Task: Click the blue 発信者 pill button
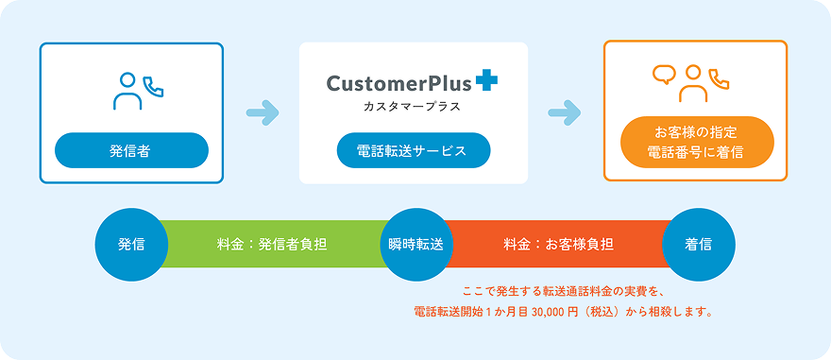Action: tap(131, 150)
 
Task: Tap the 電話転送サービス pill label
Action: tap(414, 150)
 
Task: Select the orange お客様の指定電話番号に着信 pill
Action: tap(698, 142)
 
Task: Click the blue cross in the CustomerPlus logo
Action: tap(486, 82)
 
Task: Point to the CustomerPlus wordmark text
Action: tap(399, 83)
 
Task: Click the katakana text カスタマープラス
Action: tap(412, 107)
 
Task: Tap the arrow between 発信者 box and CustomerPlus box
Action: tap(263, 113)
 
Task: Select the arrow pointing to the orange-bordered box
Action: tap(565, 113)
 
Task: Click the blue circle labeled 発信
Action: tap(131, 245)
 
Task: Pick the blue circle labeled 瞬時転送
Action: tap(415, 245)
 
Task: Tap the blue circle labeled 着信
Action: tap(699, 245)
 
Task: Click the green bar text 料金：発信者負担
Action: tap(271, 245)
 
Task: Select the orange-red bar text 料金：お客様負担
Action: tap(558, 245)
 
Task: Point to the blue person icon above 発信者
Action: tap(127, 92)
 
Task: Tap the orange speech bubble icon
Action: tap(663, 75)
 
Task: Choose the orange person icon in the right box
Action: tap(693, 83)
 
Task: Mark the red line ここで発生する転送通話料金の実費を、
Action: tap(561, 291)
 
